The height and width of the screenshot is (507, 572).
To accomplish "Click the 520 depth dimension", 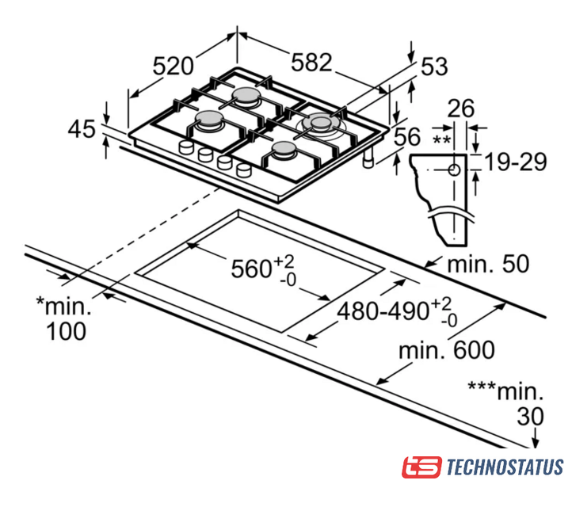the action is click(x=173, y=66).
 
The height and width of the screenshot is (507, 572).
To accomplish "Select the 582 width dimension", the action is click(x=311, y=62).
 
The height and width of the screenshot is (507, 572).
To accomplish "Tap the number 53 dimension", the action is click(x=434, y=67).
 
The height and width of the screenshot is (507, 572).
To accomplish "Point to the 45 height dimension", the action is click(x=82, y=129).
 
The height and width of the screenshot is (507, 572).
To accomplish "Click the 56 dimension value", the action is click(x=407, y=137).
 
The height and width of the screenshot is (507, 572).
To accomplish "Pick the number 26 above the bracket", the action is click(x=461, y=109).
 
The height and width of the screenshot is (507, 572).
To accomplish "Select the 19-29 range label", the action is click(x=516, y=162).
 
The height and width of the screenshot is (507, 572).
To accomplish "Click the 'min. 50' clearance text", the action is click(x=488, y=264).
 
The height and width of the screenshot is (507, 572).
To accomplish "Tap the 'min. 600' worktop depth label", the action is click(x=447, y=350).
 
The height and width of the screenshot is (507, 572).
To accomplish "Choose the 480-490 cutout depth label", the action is click(x=383, y=312).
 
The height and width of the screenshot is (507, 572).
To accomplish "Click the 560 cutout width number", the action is click(x=251, y=269).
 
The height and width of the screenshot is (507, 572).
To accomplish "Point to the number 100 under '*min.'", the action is click(x=66, y=331).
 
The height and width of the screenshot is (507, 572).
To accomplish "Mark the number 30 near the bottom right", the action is click(x=530, y=417).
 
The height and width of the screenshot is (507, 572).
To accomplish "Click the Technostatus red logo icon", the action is click(x=421, y=467).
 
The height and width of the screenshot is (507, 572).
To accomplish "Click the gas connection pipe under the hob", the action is click(x=368, y=158).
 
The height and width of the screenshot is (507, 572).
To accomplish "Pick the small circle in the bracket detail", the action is click(x=454, y=170).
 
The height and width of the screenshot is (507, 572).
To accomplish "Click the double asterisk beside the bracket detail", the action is click(x=441, y=139).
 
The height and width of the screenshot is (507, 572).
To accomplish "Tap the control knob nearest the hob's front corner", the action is click(x=244, y=170).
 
